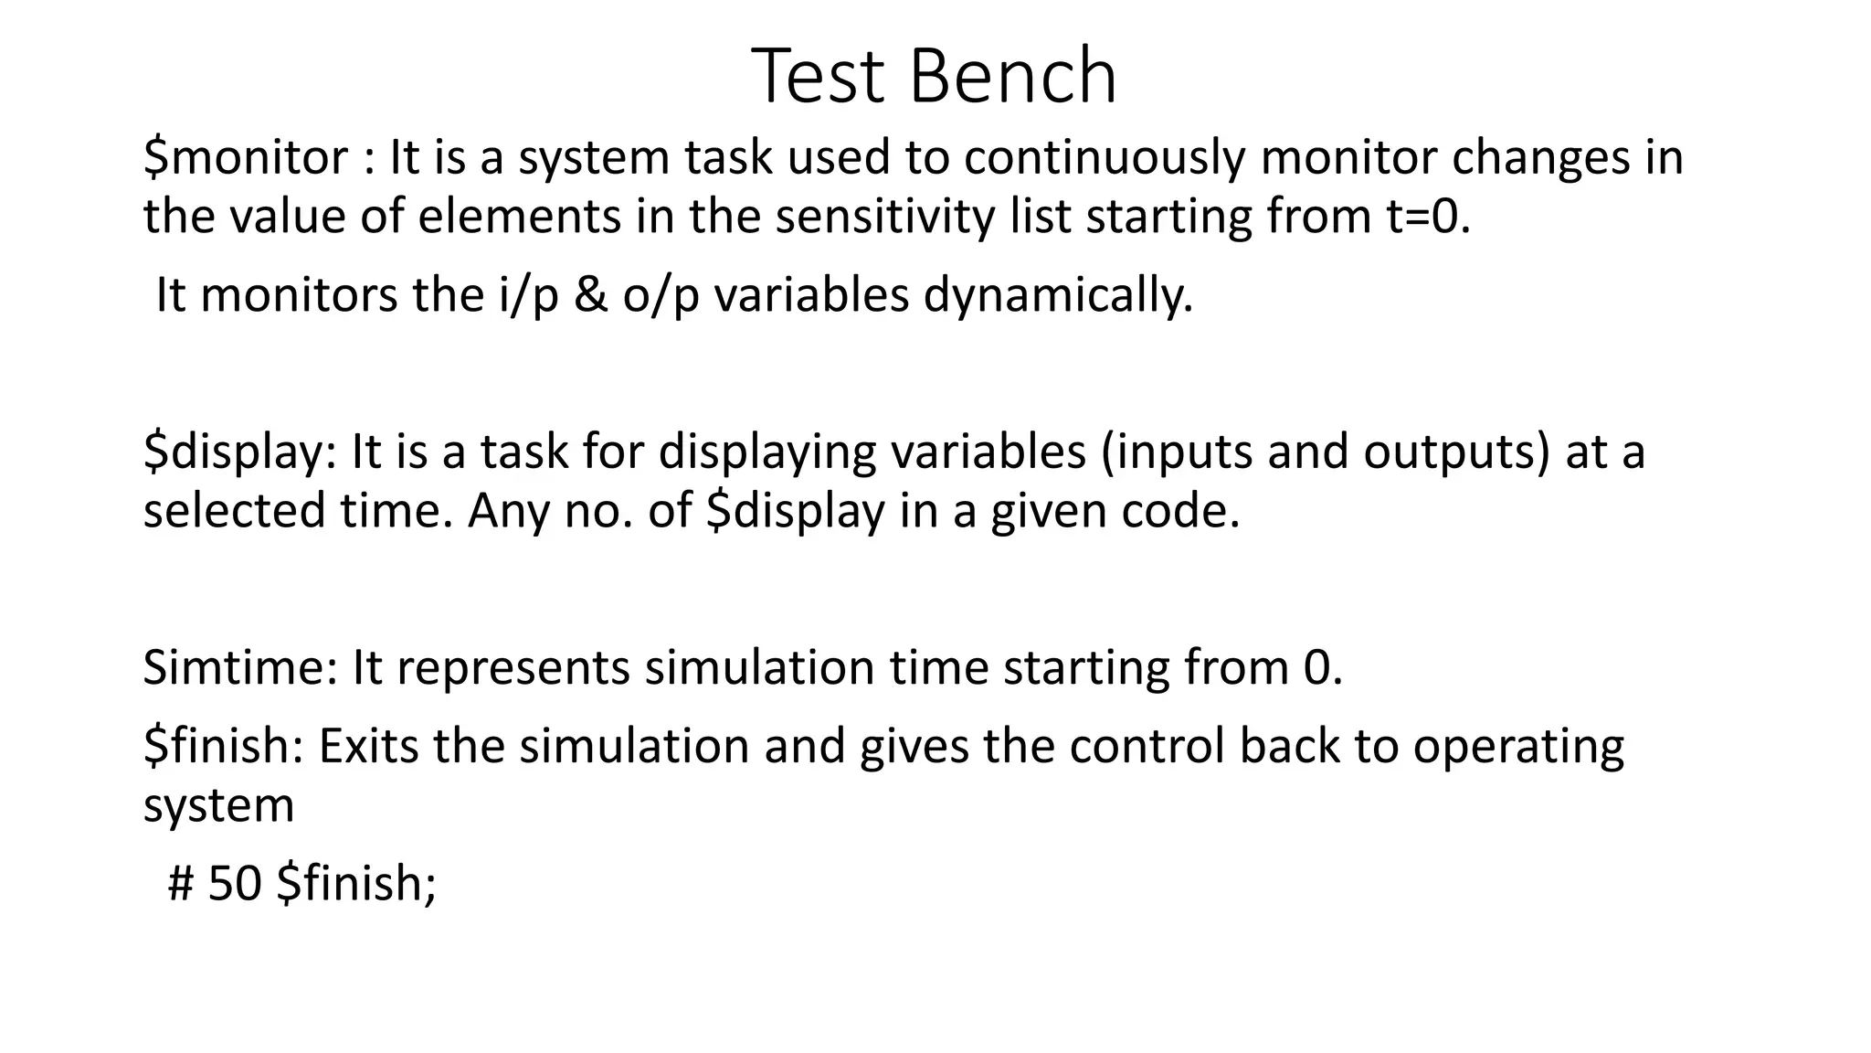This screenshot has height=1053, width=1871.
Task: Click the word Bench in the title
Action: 1013,77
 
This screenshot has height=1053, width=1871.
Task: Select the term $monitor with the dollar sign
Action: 246,157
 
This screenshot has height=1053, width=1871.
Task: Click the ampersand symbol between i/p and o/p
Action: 591,295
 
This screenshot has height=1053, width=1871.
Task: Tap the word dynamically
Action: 1058,295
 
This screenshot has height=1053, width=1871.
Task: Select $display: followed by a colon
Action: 240,452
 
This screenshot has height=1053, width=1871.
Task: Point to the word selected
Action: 235,510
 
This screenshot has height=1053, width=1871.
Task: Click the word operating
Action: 1518,746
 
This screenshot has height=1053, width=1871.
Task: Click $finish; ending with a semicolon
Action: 357,883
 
